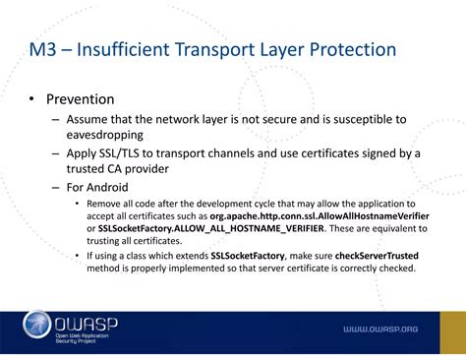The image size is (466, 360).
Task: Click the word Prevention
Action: click(x=85, y=100)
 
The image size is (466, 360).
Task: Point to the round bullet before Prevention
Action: click(x=32, y=100)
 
